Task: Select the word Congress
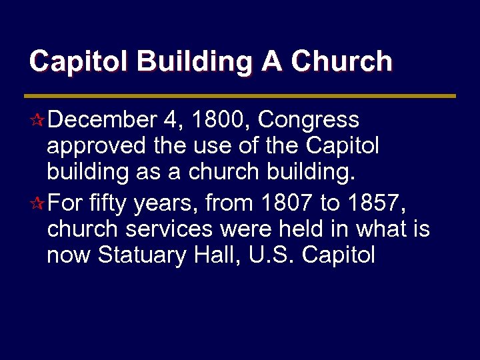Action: tap(308, 120)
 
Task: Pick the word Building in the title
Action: tap(195, 61)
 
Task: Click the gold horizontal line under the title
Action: tap(240, 96)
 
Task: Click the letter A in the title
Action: tap(272, 61)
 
